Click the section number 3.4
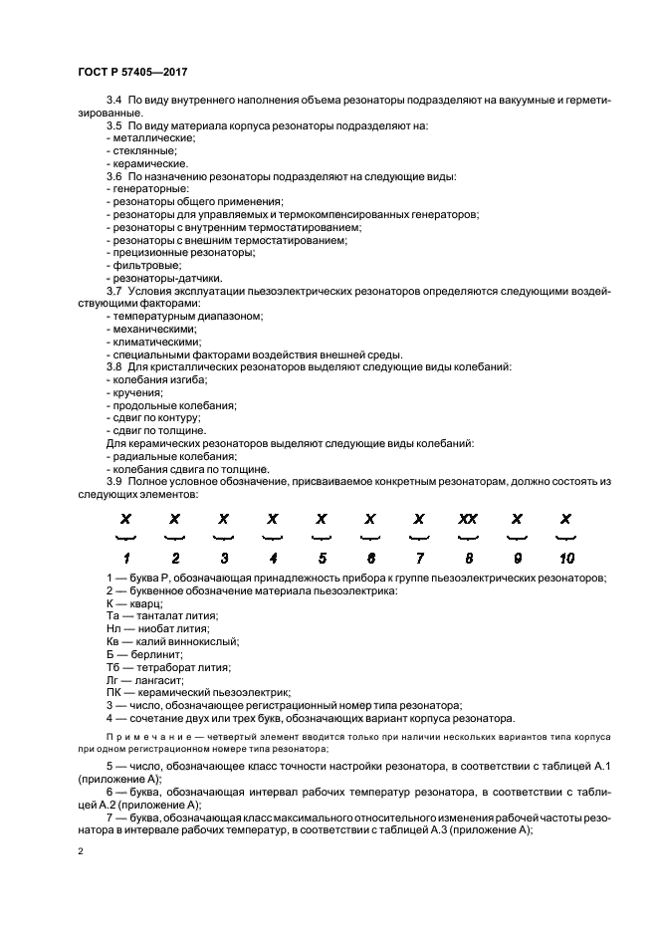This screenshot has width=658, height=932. point(113,104)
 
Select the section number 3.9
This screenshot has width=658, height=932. point(113,482)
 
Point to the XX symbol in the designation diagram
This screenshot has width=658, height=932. point(467,519)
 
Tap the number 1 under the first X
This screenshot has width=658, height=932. point(125,558)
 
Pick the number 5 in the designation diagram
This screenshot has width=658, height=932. point(321,558)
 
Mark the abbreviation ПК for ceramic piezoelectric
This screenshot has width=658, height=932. point(111,691)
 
